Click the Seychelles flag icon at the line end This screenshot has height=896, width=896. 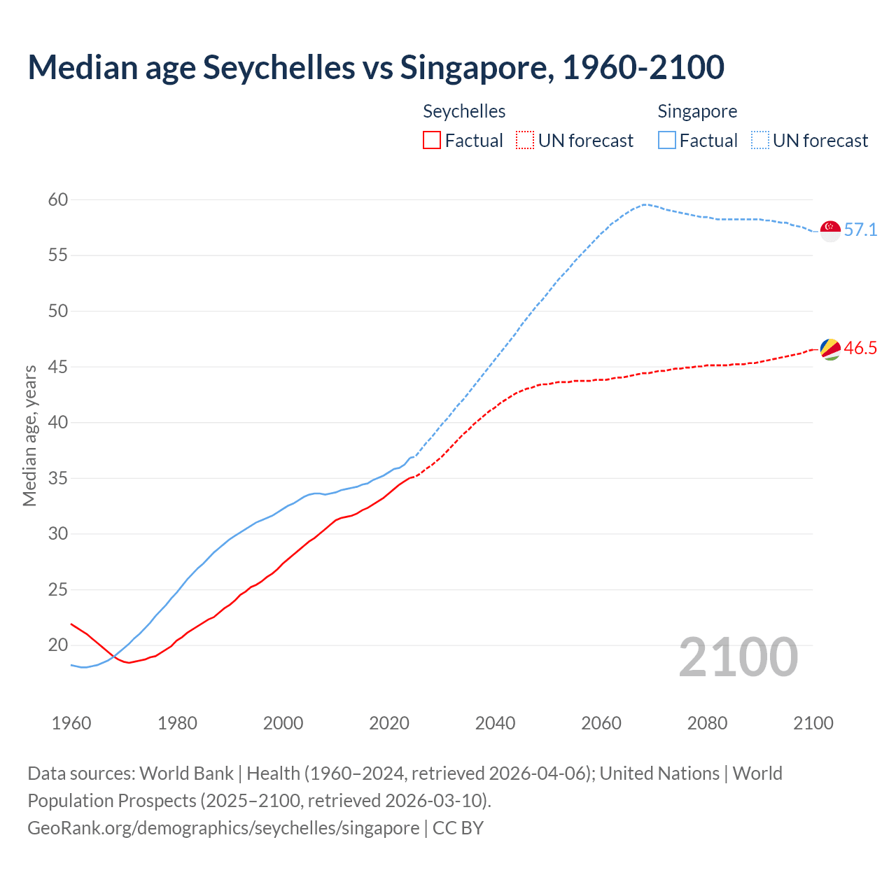(830, 349)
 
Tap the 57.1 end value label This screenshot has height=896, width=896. (860, 230)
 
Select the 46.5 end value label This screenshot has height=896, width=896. (860, 349)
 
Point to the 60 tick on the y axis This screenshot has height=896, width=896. (58, 200)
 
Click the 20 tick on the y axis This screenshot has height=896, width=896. (58, 645)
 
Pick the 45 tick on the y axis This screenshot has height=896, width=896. (58, 367)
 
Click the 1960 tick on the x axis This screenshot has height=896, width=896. (71, 723)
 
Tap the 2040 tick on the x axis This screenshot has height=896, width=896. (495, 723)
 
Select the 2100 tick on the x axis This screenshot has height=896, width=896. (813, 723)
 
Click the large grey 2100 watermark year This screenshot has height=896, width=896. (738, 657)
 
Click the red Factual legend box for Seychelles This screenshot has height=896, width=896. (432, 141)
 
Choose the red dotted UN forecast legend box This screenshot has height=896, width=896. (525, 141)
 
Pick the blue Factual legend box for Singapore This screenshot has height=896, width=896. (667, 141)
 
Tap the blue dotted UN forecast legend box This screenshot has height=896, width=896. (760, 141)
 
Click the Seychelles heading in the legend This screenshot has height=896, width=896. (464, 112)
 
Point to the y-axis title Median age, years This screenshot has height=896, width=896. (29, 435)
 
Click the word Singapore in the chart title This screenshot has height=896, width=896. (474, 68)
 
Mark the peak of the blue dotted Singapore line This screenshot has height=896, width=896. (644, 204)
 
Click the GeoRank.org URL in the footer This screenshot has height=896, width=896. (223, 828)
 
